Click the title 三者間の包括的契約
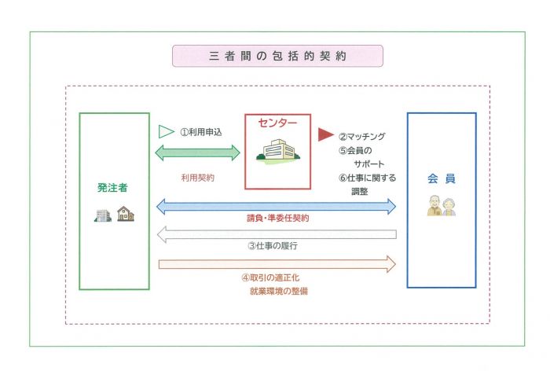(x=278, y=57)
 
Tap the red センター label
(x=277, y=123)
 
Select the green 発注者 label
(x=113, y=188)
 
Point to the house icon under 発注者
(x=125, y=213)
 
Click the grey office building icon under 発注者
(x=103, y=214)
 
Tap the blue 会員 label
(x=441, y=179)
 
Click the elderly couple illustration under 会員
(x=441, y=206)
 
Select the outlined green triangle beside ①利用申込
(x=165, y=131)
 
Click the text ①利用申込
(x=201, y=131)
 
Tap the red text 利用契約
(x=198, y=178)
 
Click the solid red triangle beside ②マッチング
(x=325, y=134)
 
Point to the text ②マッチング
(x=362, y=135)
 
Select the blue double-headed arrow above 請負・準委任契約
(x=277, y=206)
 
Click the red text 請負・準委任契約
(x=277, y=219)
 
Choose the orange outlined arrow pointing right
(x=277, y=263)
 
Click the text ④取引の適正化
(x=274, y=277)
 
